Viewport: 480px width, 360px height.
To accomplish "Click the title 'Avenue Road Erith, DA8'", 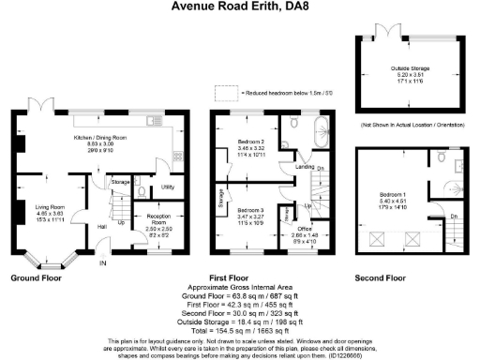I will click(239, 7).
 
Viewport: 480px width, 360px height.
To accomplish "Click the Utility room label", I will click(168, 187).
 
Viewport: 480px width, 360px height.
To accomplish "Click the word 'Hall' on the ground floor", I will click(101, 226).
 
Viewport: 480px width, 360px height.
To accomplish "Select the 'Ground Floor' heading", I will click(37, 278).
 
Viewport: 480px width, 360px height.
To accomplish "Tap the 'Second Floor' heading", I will click(381, 278).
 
